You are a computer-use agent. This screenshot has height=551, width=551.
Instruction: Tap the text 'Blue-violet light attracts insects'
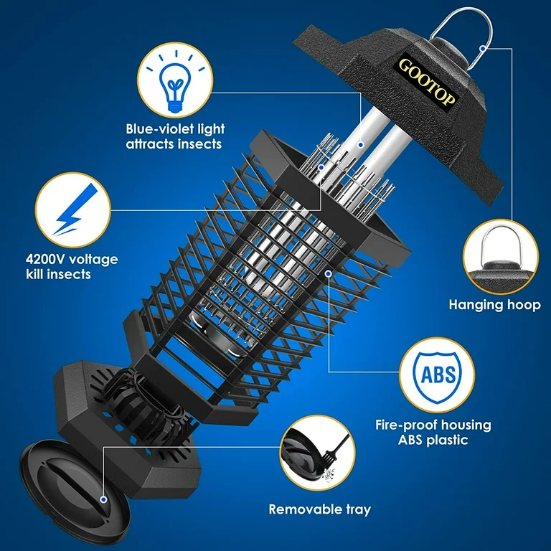point(175,136)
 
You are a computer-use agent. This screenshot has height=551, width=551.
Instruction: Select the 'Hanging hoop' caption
point(495,304)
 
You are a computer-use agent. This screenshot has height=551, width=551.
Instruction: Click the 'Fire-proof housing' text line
point(433,425)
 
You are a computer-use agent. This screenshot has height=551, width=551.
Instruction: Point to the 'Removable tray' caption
point(320,509)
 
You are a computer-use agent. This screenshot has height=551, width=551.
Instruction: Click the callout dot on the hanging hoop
point(486,48)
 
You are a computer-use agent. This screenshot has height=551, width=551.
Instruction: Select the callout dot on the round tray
point(103,497)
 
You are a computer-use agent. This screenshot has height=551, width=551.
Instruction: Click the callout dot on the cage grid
point(328,273)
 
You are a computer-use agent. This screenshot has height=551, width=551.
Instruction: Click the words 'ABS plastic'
point(433,441)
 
